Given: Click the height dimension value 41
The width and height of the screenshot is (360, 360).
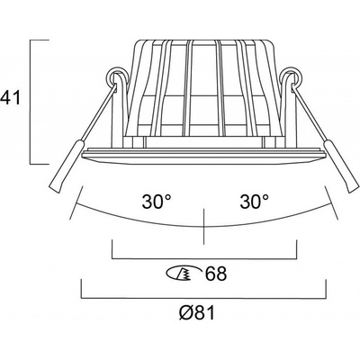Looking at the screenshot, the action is tap(10, 98).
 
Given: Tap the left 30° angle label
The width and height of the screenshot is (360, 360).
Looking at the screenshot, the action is tap(157, 202).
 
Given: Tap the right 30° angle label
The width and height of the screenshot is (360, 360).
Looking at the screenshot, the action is tap(254, 202).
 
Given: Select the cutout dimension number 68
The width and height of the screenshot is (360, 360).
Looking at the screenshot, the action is tap(215, 274).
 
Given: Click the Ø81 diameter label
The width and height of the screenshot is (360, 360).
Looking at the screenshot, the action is tap(197, 313).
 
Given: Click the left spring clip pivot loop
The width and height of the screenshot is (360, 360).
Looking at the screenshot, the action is tap(115, 76).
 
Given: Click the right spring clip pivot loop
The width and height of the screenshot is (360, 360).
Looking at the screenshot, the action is tap(292, 76).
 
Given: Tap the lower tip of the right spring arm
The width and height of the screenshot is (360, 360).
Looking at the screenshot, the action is tap(354, 189).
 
